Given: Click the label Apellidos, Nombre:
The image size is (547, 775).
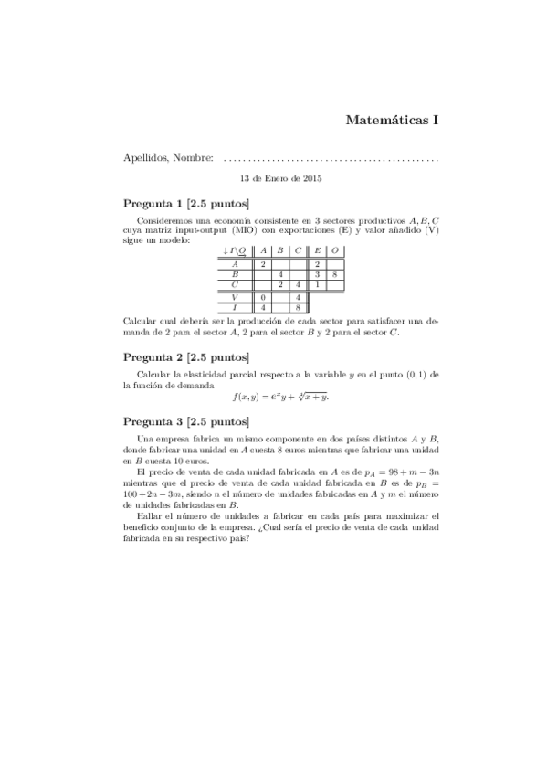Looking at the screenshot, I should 168,158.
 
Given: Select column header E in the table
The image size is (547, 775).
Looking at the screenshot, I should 317,250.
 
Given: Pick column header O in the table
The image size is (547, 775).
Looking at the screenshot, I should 335,250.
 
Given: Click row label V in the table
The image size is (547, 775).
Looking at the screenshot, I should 235,298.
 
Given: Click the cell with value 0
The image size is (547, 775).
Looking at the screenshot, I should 263,298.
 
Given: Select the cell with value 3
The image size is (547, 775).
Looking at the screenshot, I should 317,274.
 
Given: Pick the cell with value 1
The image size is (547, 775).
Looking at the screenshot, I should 317,285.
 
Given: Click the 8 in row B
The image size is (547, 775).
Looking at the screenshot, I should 335,274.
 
